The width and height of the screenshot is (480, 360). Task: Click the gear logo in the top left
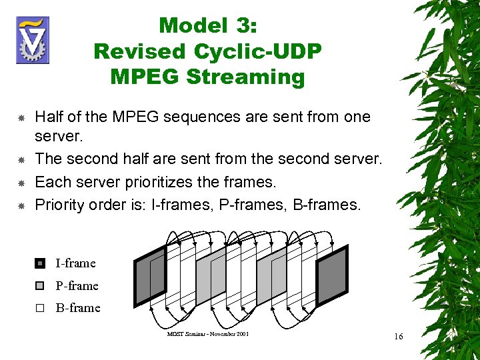click(31, 40)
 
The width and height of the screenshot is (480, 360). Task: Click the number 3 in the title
click(249, 26)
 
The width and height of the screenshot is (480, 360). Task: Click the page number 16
click(398, 337)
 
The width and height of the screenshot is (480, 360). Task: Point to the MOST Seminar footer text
click(207, 333)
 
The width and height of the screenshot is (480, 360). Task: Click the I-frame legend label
click(75, 263)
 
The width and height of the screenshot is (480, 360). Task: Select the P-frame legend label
click(77, 286)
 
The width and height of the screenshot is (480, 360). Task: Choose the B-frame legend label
click(77, 308)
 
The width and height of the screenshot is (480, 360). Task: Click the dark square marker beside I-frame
click(39, 263)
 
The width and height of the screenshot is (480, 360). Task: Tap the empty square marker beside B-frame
click(39, 309)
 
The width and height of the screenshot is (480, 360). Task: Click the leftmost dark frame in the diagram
click(149, 275)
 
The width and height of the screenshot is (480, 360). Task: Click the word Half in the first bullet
click(49, 117)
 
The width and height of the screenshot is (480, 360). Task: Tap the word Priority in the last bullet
click(60, 204)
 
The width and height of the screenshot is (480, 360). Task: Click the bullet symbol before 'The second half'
click(21, 161)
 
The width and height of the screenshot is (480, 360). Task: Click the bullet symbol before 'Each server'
click(21, 183)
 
